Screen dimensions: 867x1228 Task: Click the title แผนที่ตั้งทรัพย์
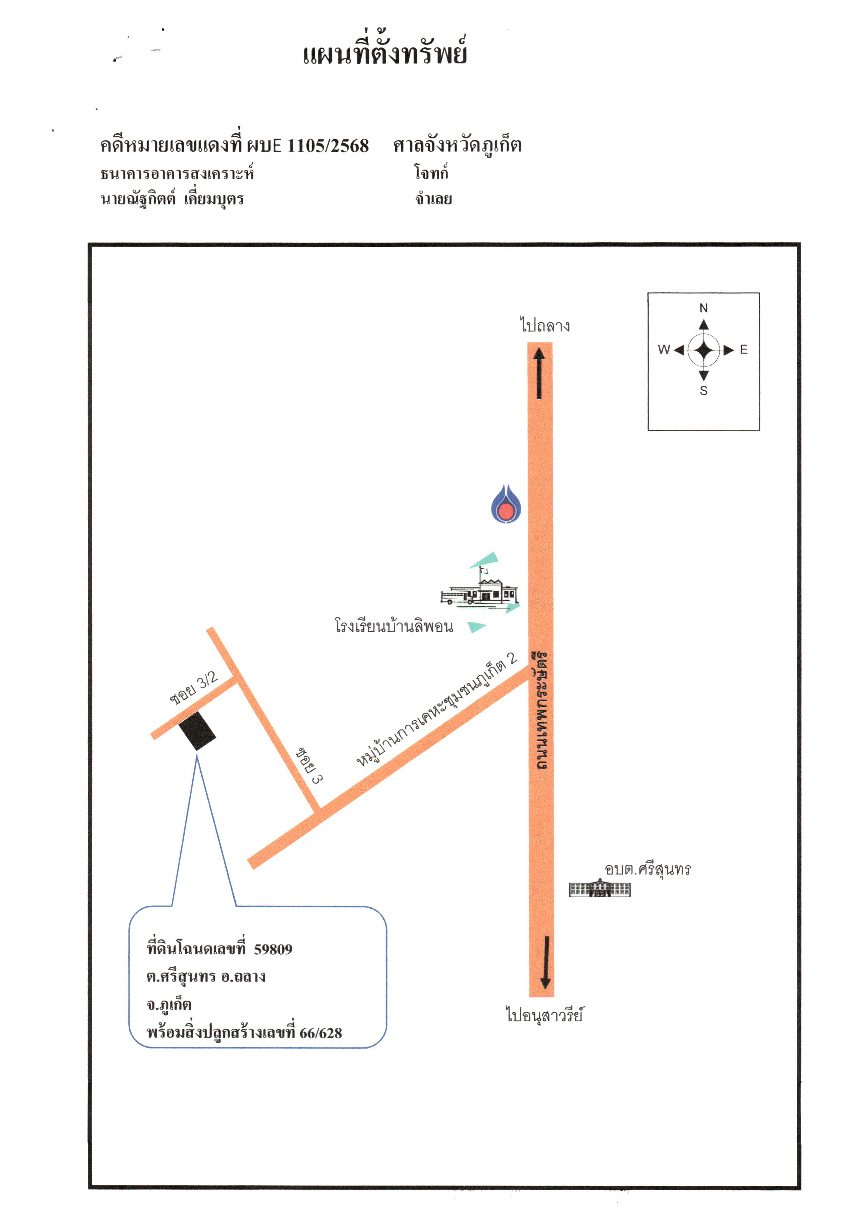point(385,52)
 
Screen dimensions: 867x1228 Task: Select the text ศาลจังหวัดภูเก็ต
point(457,145)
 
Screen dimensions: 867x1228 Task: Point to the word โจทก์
point(431,172)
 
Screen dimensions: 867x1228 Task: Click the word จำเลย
point(434,199)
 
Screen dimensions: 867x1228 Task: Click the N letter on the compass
point(703,308)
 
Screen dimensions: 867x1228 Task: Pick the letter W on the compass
point(664,349)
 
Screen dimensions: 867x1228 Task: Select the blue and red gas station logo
point(506,504)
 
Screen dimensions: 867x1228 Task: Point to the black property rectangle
point(197,730)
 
